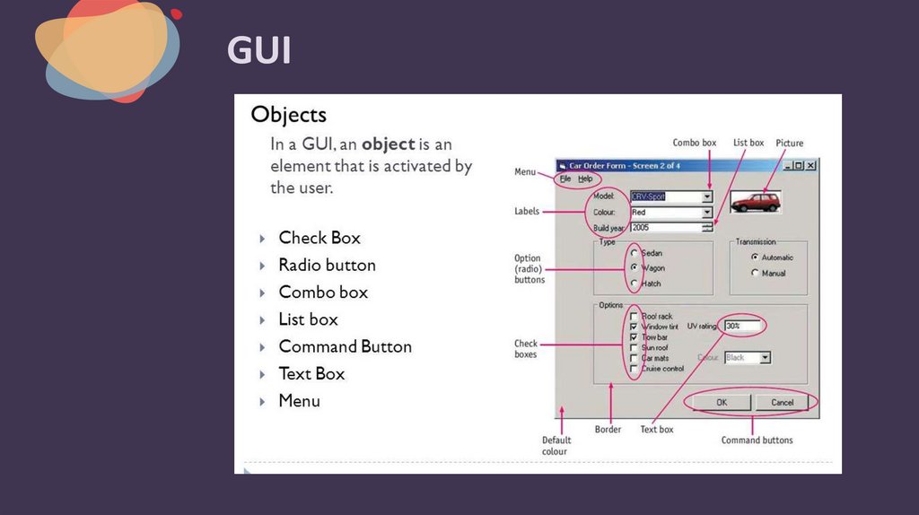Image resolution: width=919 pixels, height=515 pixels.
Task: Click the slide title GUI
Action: [258, 50]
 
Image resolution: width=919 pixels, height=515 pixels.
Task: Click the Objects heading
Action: [288, 115]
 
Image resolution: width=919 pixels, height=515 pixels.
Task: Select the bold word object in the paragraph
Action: [388, 144]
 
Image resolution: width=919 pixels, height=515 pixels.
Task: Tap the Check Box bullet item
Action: [319, 238]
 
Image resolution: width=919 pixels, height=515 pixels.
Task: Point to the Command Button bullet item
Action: [345, 346]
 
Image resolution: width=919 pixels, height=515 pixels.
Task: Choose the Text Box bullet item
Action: [311, 373]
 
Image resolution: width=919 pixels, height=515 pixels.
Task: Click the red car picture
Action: [756, 201]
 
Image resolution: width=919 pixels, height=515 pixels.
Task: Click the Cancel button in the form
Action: [783, 402]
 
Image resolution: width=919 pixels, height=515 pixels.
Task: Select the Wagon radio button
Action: [635, 267]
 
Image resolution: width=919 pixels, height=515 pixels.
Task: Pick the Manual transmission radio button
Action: [755, 273]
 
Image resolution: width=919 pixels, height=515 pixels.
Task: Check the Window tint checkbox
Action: [635, 327]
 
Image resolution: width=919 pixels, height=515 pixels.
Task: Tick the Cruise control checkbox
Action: [635, 368]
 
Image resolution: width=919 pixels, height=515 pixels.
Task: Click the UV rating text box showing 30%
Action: [741, 326]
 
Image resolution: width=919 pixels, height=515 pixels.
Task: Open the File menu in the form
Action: [565, 179]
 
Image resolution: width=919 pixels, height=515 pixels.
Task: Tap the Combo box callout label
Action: [695, 144]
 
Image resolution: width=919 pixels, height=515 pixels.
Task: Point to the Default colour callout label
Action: [556, 446]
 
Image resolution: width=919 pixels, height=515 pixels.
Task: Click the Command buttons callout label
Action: [757, 441]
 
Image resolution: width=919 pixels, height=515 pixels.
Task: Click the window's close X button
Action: [810, 165]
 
